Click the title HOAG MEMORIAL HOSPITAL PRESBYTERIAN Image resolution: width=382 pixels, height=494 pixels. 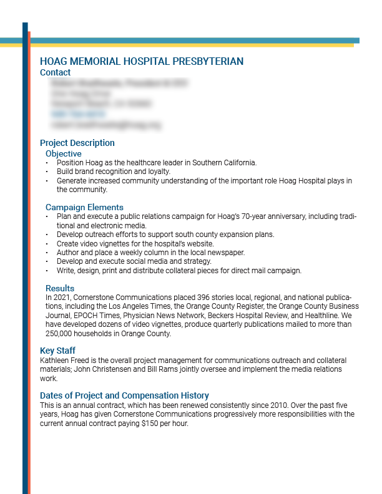tap(142, 62)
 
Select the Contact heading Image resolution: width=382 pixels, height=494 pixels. tap(55, 72)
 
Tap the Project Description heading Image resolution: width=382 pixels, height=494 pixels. tap(77, 143)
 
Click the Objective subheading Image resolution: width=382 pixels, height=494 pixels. tap(63, 153)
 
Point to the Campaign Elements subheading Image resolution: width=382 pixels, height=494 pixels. tap(84, 207)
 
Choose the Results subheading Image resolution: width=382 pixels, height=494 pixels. tap(60, 288)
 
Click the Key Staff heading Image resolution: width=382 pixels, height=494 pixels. tap(57, 351)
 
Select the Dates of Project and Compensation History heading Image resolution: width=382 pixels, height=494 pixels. tap(124, 395)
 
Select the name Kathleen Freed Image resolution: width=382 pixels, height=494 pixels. tap(65, 361)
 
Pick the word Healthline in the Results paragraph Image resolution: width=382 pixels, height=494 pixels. tap(326, 316)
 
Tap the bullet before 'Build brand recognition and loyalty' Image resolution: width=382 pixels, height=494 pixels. tap(47, 172)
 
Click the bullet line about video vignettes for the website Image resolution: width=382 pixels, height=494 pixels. tap(135, 243)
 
